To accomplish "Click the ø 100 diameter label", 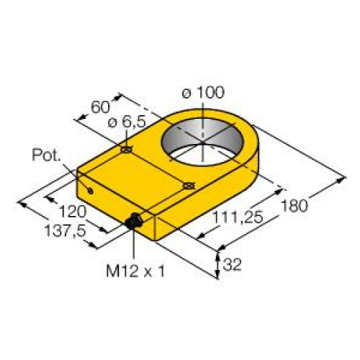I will (204, 92).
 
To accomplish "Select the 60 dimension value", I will (101, 109).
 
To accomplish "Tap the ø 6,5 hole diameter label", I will (125, 123).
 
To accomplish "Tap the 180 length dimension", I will (294, 205).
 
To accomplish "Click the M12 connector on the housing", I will (133, 223).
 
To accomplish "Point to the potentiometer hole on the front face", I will (91, 190).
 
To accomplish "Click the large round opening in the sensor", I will (204, 138).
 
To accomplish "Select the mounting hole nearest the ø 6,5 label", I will (126, 150).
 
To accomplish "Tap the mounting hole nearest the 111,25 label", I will (189, 186).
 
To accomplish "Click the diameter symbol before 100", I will (186, 92).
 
